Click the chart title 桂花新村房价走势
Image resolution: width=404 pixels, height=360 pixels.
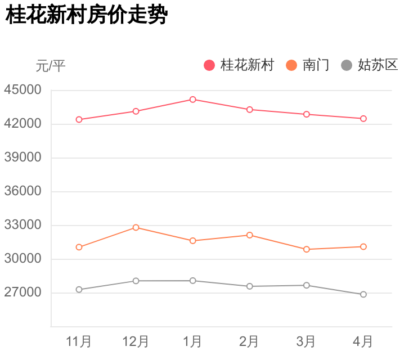point(87,15)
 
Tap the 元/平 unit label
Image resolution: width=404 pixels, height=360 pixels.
point(51,66)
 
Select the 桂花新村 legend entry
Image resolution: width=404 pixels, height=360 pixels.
point(239,65)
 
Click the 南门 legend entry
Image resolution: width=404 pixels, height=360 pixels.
point(308,65)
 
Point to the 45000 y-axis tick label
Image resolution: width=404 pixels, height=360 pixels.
point(23,90)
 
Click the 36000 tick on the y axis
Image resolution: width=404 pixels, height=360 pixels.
point(23,191)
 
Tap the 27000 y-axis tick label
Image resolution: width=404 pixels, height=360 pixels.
point(23,292)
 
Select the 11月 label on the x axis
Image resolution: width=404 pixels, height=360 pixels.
point(79,341)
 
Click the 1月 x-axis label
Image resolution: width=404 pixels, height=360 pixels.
point(192,341)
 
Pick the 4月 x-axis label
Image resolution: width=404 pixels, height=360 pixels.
point(363,341)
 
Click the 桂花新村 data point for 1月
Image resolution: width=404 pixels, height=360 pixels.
point(193,100)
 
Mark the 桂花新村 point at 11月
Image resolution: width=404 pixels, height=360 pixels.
point(79,120)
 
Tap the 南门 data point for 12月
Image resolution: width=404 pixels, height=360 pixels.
point(136,227)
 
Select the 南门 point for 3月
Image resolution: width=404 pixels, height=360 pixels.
point(307,249)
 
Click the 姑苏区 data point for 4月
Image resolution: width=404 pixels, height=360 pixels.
point(363,294)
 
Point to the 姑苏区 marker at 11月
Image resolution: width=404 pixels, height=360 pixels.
point(79,290)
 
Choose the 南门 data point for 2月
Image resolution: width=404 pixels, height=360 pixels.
point(250,235)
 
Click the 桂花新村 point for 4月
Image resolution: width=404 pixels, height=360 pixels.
point(363,119)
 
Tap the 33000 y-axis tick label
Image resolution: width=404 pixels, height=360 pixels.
point(23,225)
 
